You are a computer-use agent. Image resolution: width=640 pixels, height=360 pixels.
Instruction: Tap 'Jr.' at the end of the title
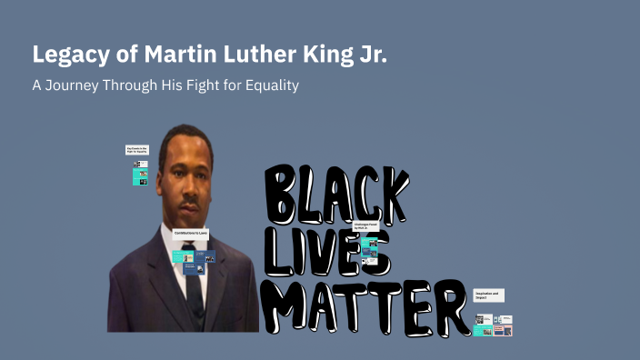374,55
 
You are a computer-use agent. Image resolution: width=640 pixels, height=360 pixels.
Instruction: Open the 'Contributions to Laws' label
191,234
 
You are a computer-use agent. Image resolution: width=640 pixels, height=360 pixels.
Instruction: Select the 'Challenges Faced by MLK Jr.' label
365,225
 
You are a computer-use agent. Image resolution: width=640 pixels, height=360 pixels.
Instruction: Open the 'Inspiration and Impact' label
489,295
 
